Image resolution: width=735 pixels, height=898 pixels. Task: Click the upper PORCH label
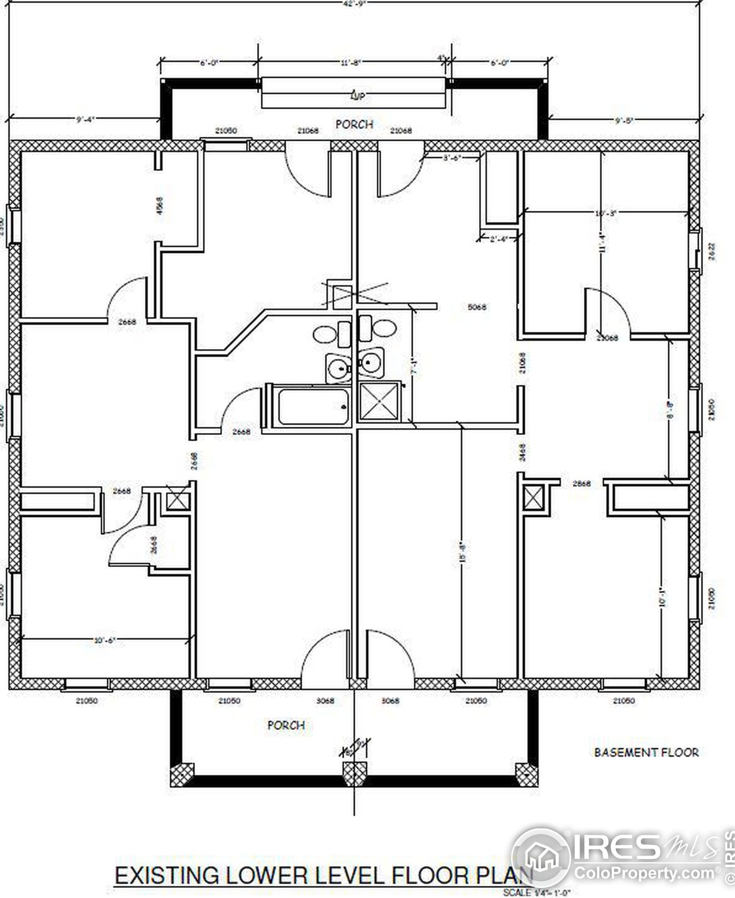[354, 124]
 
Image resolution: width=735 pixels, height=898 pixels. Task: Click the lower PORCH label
[286, 725]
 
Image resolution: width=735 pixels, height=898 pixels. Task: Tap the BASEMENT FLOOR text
[646, 752]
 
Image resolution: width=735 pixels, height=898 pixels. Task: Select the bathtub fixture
[314, 406]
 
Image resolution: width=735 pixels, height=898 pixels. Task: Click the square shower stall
[379, 402]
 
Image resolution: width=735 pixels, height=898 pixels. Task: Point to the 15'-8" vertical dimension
[462, 552]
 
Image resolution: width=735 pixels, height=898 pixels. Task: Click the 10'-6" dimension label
[105, 640]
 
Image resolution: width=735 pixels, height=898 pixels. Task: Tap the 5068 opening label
[477, 307]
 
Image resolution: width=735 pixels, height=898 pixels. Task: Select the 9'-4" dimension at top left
[86, 120]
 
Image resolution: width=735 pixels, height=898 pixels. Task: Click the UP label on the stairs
[357, 96]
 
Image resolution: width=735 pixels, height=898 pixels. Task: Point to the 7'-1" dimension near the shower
[415, 366]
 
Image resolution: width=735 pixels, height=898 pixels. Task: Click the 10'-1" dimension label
[662, 596]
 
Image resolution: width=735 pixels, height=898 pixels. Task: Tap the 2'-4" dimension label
[499, 239]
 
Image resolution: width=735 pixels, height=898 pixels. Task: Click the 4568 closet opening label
[160, 206]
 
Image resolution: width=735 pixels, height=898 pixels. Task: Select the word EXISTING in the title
[166, 876]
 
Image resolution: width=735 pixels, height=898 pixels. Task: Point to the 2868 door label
[582, 484]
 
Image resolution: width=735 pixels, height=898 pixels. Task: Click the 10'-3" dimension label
[606, 213]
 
